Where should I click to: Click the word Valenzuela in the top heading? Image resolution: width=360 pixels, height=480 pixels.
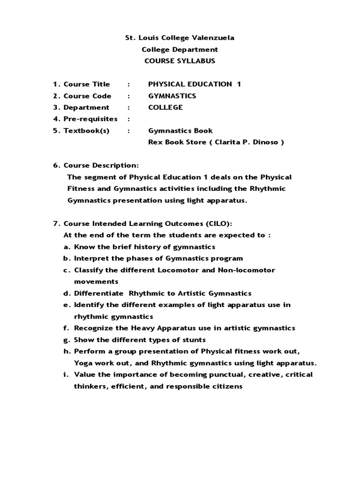210,38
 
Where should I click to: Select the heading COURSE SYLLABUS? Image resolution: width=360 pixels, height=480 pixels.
180,61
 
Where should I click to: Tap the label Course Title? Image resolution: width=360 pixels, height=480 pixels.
87,84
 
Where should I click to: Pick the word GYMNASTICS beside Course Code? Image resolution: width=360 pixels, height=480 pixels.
172,96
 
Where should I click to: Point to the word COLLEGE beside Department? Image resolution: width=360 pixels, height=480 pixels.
165,107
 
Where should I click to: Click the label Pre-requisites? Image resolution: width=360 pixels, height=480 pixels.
90,119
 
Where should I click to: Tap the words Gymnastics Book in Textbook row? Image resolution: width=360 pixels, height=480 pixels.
180,131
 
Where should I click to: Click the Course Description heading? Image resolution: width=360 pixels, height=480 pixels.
101,165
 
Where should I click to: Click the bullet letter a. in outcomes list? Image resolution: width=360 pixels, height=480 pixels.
67,247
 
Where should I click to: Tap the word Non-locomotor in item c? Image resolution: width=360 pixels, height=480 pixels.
246,270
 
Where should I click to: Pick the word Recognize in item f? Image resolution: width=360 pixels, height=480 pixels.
93,328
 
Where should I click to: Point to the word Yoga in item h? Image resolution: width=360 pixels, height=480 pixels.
82,363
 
